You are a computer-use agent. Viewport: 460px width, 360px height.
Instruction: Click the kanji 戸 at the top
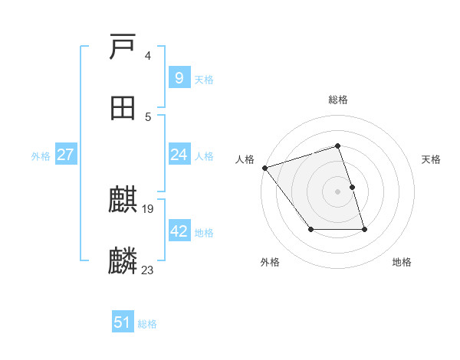tap(123, 47)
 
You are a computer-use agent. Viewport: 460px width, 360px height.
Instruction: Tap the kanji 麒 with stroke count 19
tap(123, 201)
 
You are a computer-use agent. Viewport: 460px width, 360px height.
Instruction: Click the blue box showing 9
tap(179, 77)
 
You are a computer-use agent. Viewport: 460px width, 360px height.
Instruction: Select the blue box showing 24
tap(179, 155)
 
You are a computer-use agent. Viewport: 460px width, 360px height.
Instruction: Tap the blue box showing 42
tap(179, 231)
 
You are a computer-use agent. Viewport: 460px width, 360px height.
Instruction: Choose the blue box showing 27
tap(66, 155)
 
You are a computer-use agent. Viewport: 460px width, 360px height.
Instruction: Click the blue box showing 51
tap(123, 322)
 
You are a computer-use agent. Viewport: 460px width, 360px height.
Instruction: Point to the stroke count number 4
tap(148, 56)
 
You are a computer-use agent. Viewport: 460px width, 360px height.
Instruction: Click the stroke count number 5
tap(148, 116)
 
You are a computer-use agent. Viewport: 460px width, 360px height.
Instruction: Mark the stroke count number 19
tap(148, 208)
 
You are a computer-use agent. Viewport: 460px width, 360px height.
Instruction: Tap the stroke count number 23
tap(148, 270)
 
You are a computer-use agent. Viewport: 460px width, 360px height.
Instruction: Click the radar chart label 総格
tap(338, 100)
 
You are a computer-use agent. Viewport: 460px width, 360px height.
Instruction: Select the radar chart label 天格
tap(431, 159)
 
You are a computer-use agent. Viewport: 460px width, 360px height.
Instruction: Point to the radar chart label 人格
tap(245, 159)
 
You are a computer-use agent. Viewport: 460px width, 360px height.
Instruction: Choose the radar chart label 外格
tap(270, 263)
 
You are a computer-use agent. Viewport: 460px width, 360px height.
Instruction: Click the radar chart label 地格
tap(402, 263)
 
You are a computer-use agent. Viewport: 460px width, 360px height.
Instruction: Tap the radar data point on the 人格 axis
tap(264, 168)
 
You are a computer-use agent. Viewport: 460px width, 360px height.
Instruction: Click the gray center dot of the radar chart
tap(338, 191)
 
